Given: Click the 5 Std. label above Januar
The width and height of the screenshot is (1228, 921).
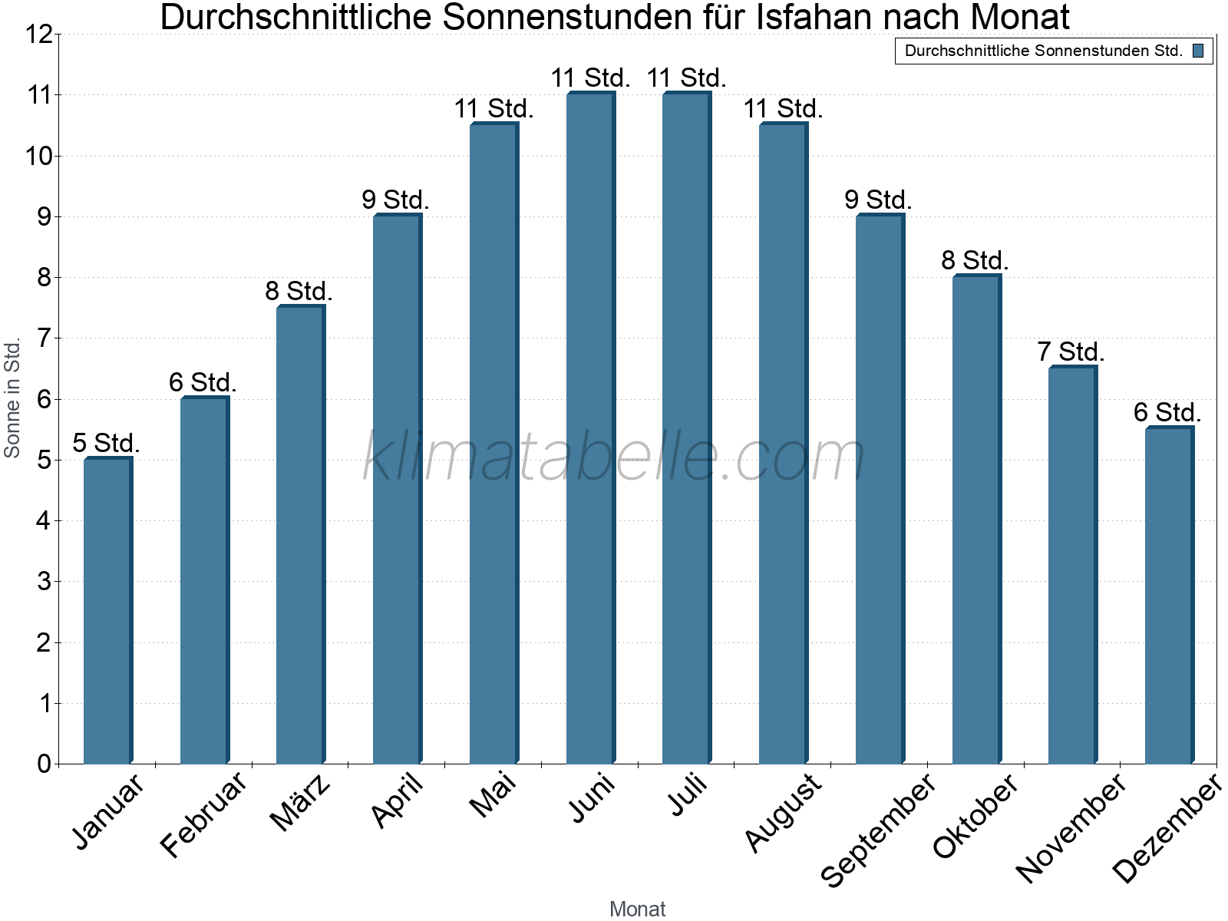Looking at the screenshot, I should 107,443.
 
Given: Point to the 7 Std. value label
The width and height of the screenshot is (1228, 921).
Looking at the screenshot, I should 1071,352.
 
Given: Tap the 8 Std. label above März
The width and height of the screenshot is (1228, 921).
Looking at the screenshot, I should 299,291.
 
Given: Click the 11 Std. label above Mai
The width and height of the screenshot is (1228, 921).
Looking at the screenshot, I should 494,108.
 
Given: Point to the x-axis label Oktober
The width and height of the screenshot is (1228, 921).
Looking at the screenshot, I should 975,815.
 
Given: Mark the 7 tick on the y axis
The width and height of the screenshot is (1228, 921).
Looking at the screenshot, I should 43,338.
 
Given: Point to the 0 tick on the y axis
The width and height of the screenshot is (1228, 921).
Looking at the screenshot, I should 43,764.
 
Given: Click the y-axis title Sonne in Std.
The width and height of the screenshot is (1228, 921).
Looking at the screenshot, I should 12,398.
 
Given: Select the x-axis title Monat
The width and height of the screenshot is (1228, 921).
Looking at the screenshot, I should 637,909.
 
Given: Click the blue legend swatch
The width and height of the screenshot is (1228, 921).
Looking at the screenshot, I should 1198,51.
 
